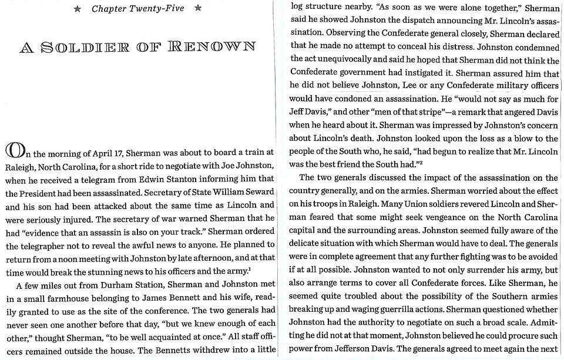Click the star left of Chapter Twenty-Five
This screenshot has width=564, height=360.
78,9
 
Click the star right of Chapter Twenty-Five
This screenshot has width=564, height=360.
198,9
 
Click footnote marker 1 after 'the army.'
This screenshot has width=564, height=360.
250,269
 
